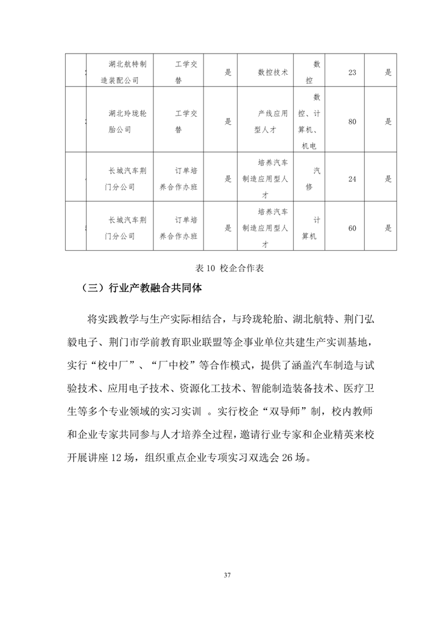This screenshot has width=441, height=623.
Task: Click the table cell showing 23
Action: coord(351,72)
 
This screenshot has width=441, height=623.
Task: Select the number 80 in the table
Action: coord(351,122)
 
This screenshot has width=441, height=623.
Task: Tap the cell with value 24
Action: coord(351,179)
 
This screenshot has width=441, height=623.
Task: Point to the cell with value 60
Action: coord(351,228)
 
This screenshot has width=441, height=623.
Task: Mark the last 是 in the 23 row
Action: coord(388,72)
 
